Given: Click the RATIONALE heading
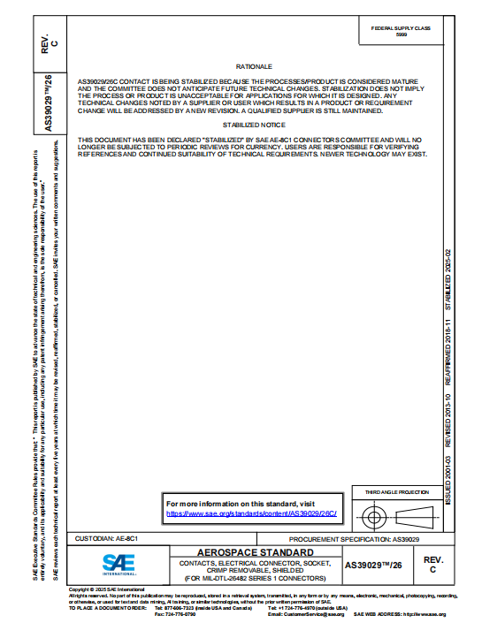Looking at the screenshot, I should (x=254, y=67).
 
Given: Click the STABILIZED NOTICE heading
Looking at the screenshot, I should (x=254, y=125).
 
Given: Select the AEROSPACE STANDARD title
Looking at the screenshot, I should (x=255, y=551).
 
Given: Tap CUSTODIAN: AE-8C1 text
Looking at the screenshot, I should (x=107, y=537).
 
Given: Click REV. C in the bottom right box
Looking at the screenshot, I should (x=433, y=565).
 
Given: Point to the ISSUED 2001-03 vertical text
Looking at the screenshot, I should (x=448, y=480).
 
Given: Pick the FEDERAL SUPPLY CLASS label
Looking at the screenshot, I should (x=402, y=27).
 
